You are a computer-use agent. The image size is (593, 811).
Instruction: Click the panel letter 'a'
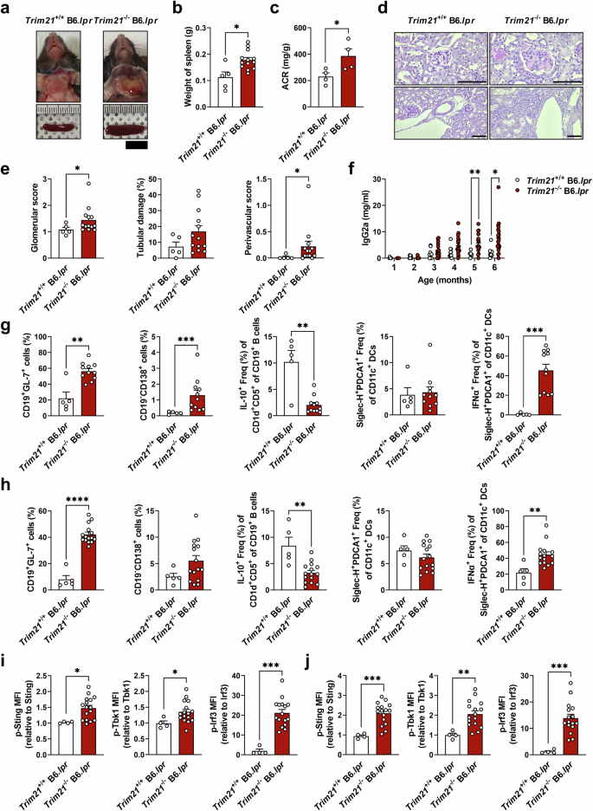7,10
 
